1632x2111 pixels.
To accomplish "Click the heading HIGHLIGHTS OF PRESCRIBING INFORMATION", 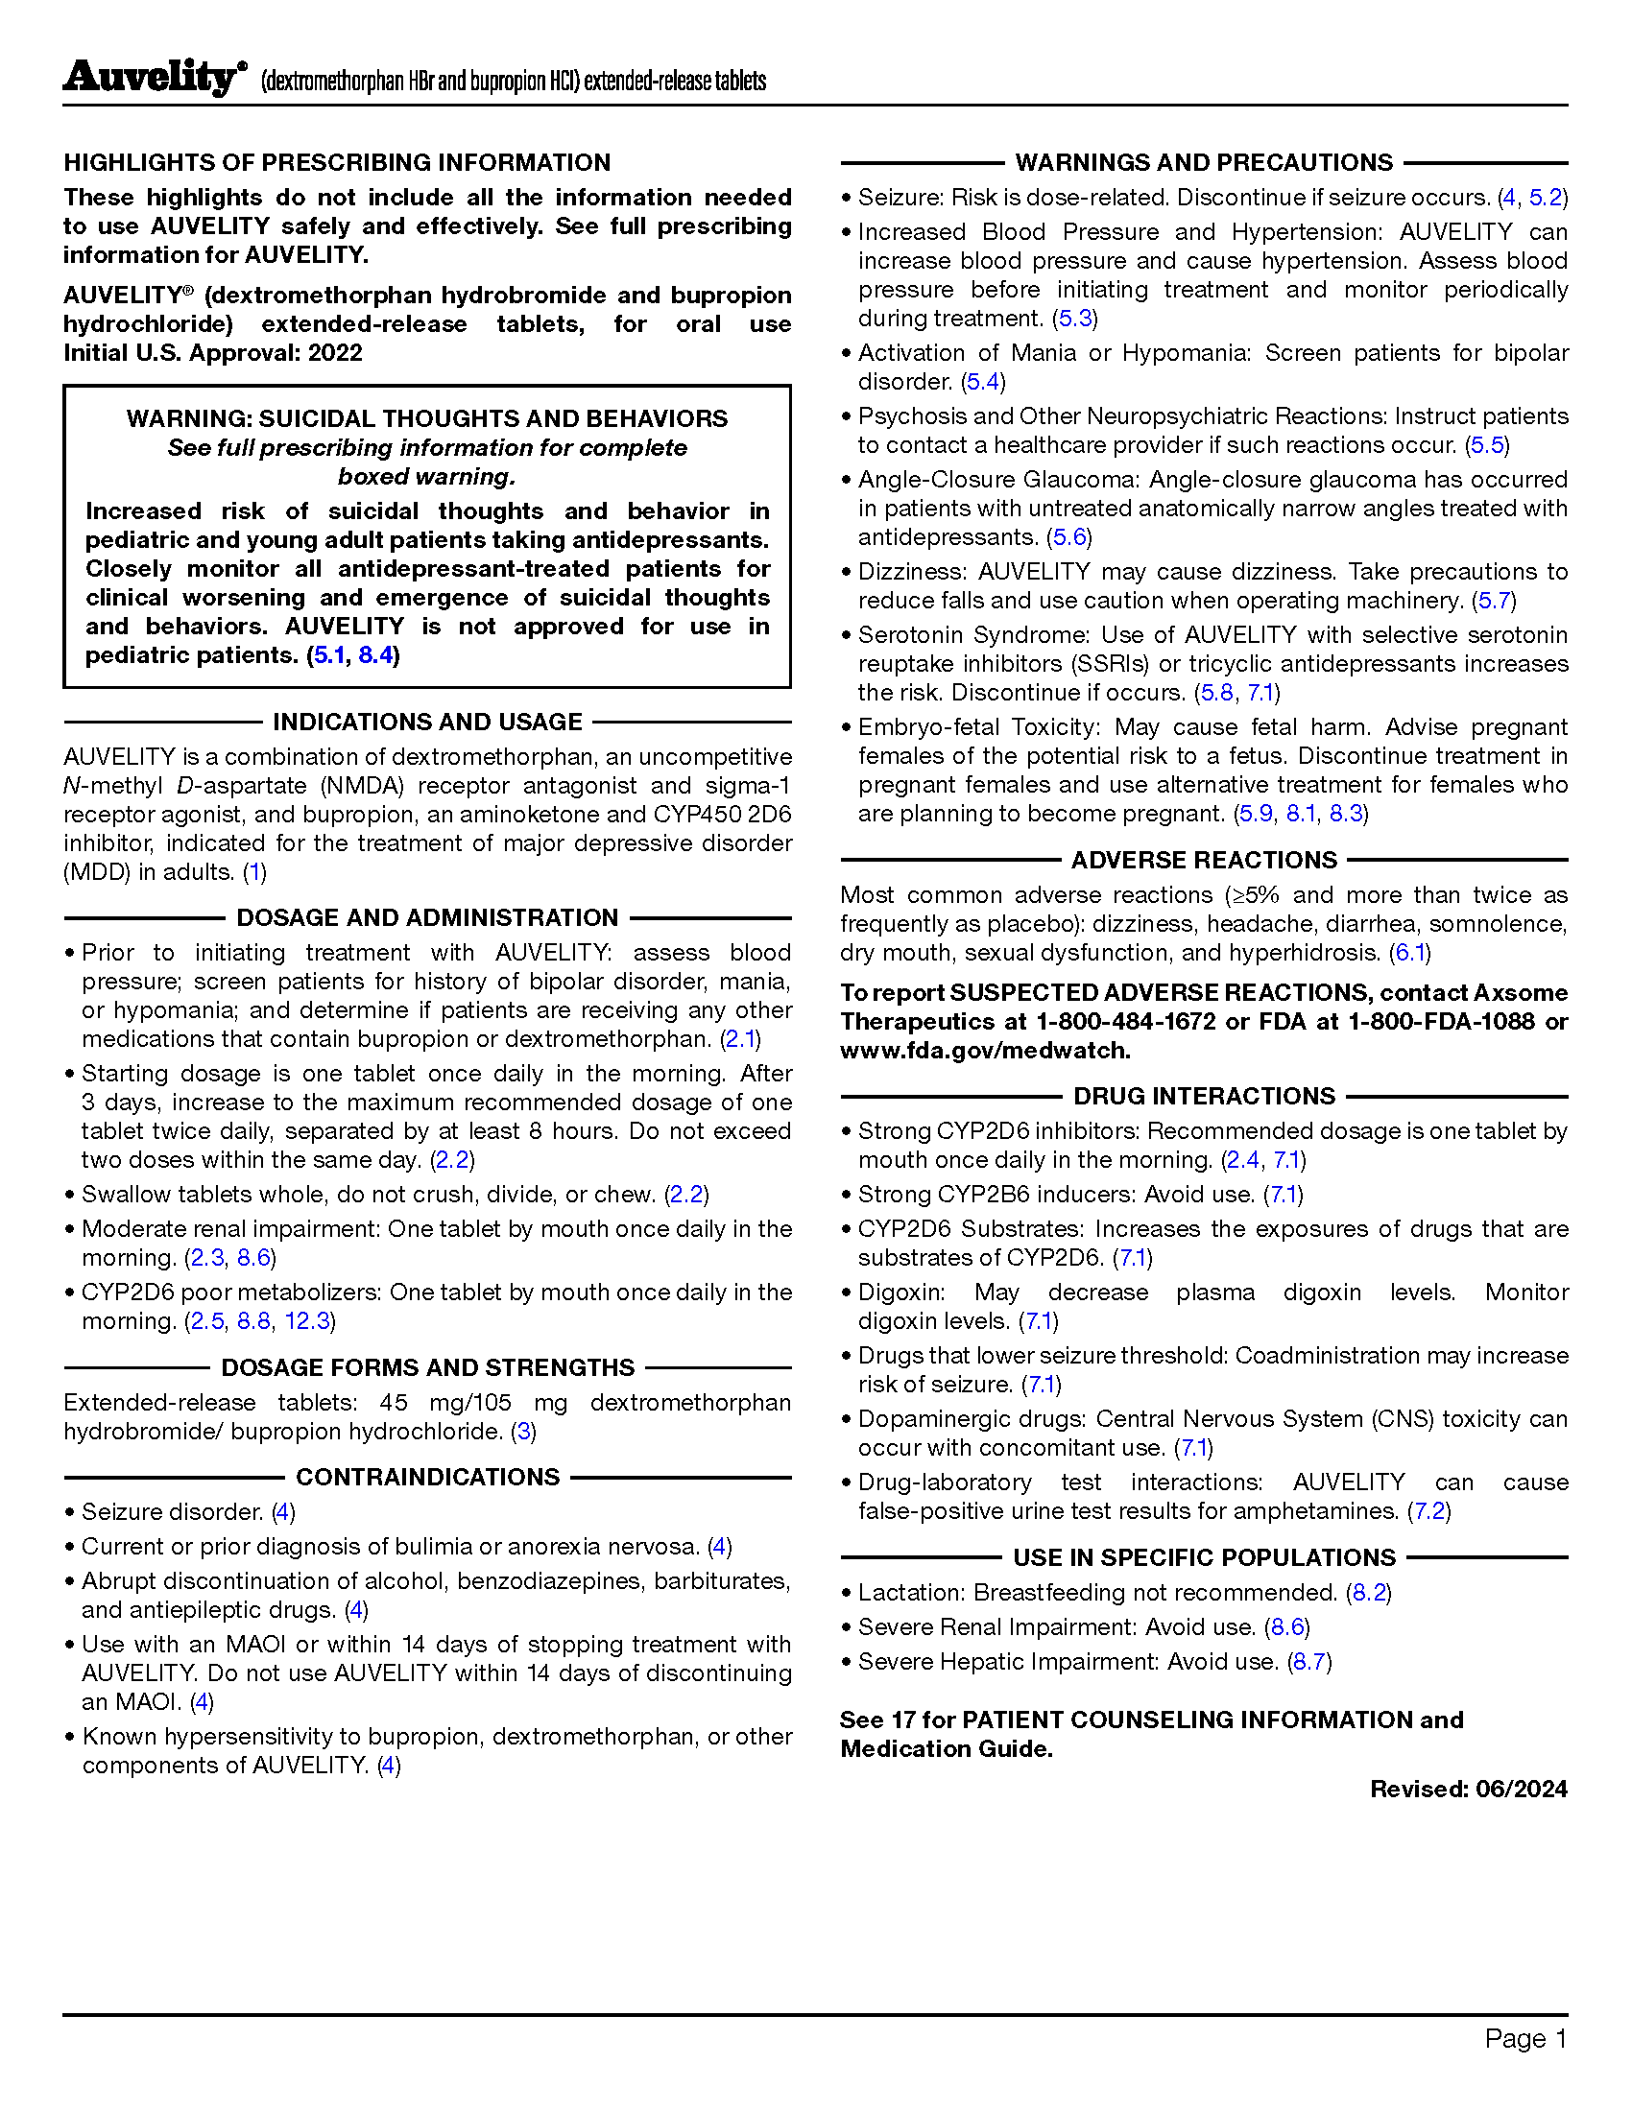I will tap(336, 162).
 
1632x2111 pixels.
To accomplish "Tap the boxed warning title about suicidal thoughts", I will tap(426, 418).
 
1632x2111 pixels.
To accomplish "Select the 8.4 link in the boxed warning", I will tap(375, 655).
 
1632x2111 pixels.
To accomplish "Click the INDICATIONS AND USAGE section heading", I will tap(426, 722).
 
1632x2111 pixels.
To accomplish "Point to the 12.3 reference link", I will tap(307, 1321).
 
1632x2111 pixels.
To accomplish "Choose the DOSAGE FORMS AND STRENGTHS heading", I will tap(427, 1367).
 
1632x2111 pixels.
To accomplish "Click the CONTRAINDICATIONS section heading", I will tap(427, 1477).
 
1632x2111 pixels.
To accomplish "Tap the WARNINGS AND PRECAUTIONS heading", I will tap(1204, 162).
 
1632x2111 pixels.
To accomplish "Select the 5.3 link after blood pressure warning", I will tap(1074, 319).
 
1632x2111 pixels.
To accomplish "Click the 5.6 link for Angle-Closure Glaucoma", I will tap(1068, 537).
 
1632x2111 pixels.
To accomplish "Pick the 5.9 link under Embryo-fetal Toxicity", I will tap(1255, 814).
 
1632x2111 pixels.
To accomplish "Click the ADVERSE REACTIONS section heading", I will tap(1204, 861).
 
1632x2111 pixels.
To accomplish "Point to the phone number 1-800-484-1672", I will tap(1125, 1022).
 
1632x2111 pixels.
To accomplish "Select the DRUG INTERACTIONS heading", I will tap(1204, 1096).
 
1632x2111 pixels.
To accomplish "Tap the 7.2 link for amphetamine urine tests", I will tap(1429, 1511).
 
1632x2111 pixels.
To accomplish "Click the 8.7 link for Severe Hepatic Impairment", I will tap(1310, 1663).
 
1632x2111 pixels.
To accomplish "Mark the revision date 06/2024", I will tap(1521, 1790).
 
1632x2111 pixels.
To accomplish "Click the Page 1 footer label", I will tap(1524, 2038).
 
